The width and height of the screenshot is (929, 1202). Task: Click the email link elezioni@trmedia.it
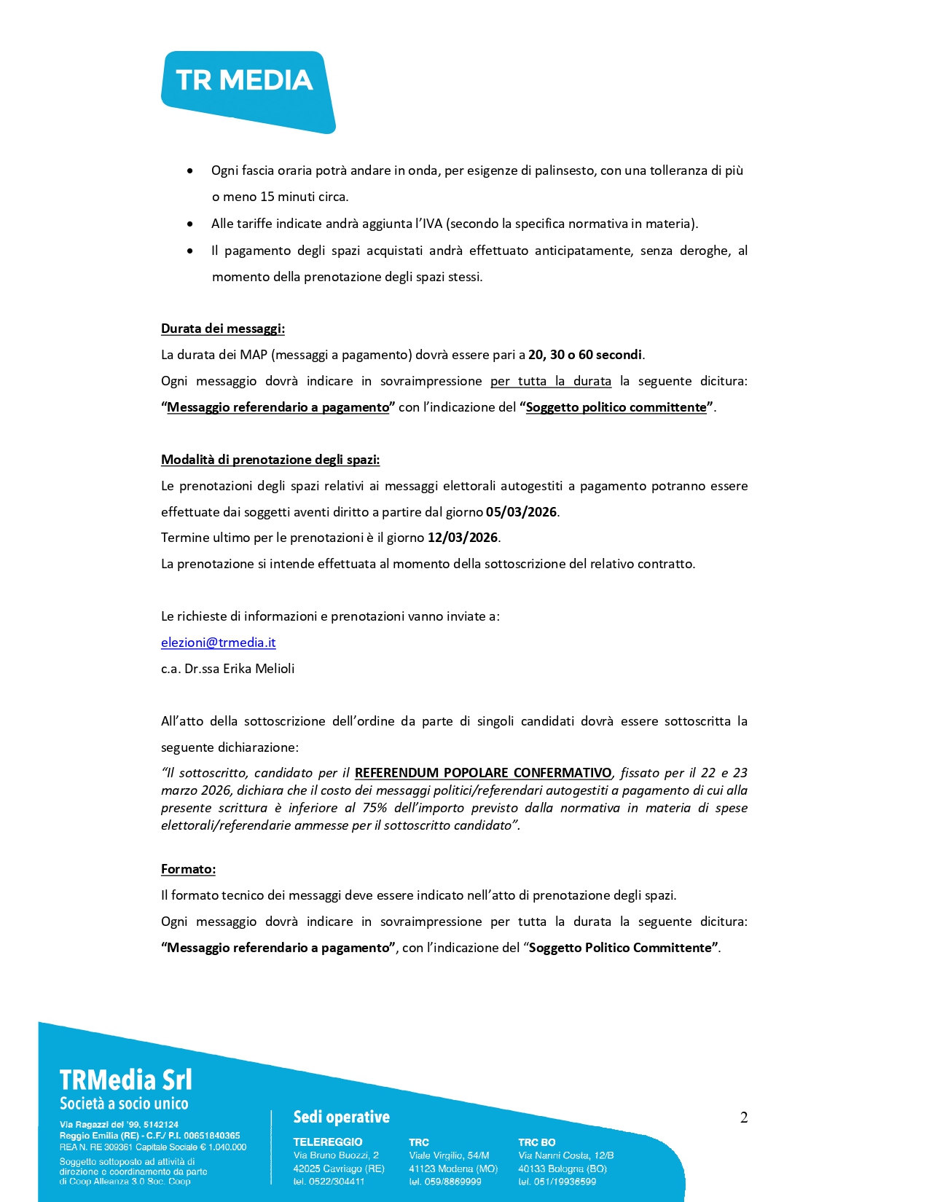click(218, 643)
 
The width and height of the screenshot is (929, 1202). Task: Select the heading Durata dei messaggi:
click(222, 329)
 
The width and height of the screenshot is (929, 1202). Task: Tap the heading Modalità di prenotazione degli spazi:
click(270, 460)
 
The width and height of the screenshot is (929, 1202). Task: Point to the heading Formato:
click(188, 869)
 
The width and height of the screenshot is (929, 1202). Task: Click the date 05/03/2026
click(521, 512)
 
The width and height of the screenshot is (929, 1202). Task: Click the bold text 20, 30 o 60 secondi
click(585, 355)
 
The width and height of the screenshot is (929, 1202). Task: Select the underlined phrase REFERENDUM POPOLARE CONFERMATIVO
click(483, 773)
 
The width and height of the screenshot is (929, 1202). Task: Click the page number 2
click(743, 1117)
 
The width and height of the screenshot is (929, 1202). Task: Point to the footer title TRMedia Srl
click(125, 1080)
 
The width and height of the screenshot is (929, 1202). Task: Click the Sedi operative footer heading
click(341, 1117)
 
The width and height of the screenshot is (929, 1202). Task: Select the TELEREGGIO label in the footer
click(327, 1142)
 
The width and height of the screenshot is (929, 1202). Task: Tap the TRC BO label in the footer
click(536, 1142)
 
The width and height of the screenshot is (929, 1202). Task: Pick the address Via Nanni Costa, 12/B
click(565, 1155)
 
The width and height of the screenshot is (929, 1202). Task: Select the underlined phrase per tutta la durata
click(550, 381)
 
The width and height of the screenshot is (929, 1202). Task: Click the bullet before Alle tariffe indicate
click(190, 224)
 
